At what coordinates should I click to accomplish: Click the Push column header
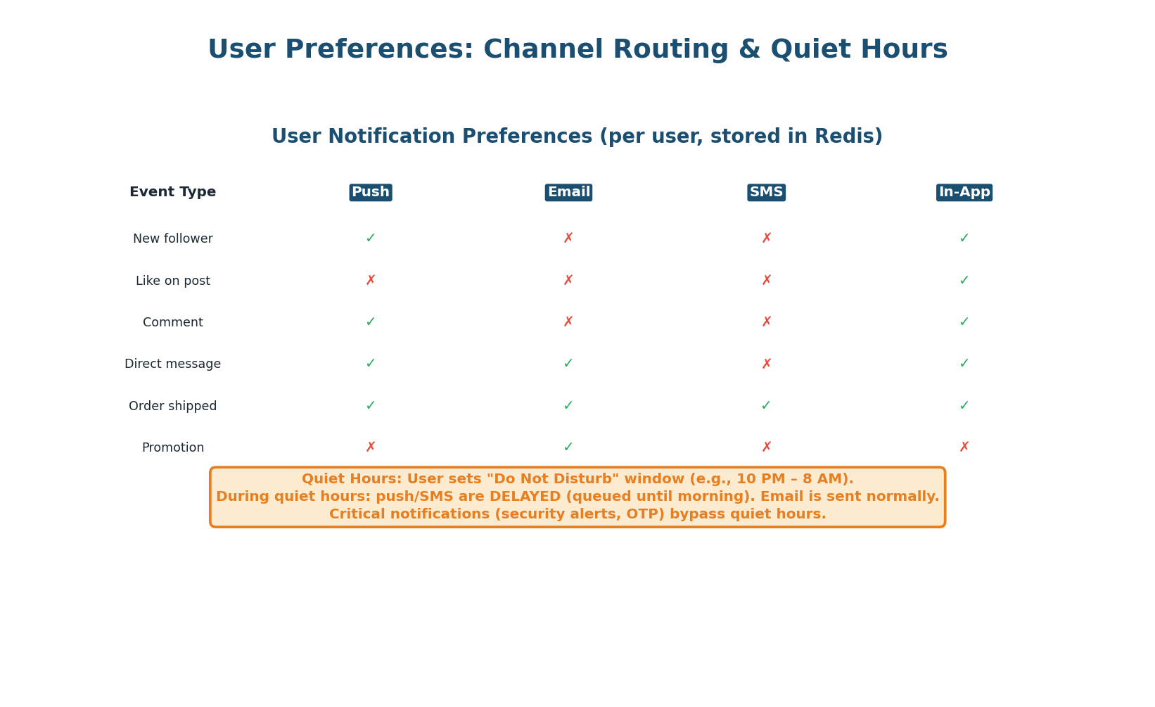pyautogui.click(x=371, y=193)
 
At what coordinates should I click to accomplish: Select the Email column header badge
pyautogui.click(x=568, y=193)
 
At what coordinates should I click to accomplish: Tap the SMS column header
pyautogui.click(x=766, y=193)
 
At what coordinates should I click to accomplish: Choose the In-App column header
pyautogui.click(x=964, y=193)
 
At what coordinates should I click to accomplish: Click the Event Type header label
pyautogui.click(x=172, y=193)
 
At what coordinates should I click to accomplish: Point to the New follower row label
pyautogui.click(x=172, y=239)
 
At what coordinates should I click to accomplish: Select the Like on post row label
pyautogui.click(x=172, y=281)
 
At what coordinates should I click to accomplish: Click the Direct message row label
pyautogui.click(x=172, y=364)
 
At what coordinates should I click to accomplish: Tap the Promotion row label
pyautogui.click(x=172, y=448)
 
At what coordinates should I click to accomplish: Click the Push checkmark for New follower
pyautogui.click(x=371, y=238)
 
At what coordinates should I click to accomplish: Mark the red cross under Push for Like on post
pyautogui.click(x=371, y=281)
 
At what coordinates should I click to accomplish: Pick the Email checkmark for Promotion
pyautogui.click(x=568, y=447)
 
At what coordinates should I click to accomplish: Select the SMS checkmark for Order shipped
pyautogui.click(x=766, y=406)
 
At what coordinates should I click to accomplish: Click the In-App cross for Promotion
pyautogui.click(x=964, y=447)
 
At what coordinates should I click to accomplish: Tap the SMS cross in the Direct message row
pyautogui.click(x=766, y=364)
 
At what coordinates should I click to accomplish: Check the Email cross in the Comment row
pyautogui.click(x=568, y=322)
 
